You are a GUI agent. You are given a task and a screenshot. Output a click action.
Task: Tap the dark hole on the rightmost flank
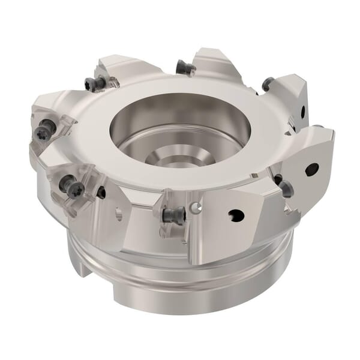311,170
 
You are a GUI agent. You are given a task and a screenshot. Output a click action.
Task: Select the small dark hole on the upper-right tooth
303,110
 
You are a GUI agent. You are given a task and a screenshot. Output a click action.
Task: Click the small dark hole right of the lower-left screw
101,193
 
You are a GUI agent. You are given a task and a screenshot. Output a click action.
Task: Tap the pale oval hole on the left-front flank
119,213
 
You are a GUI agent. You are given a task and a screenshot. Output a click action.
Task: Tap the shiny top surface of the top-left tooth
123,66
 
